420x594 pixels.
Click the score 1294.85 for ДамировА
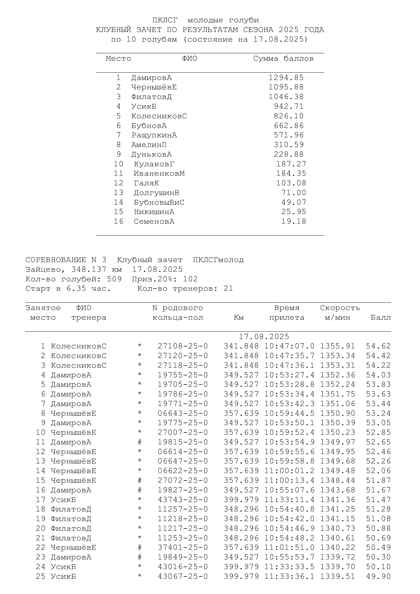(x=286, y=78)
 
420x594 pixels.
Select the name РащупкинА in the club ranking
(x=154, y=135)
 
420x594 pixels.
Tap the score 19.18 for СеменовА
(x=294, y=221)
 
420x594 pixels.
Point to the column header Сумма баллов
(x=283, y=58)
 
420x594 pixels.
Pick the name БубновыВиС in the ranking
(x=159, y=202)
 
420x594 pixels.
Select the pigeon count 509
(x=114, y=279)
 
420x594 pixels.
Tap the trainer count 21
(x=228, y=288)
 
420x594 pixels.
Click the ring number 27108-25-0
(x=183, y=346)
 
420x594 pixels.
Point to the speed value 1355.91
(x=337, y=346)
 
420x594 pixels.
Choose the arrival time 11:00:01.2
(x=289, y=471)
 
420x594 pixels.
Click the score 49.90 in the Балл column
(x=378, y=576)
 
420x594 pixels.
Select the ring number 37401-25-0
(x=183, y=548)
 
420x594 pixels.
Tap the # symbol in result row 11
(x=140, y=442)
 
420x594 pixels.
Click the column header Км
(x=238, y=317)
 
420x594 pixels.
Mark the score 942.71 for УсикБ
(x=288, y=106)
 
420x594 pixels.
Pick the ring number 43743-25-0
(x=183, y=500)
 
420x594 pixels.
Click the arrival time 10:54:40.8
(x=289, y=509)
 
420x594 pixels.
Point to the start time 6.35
(x=76, y=288)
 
